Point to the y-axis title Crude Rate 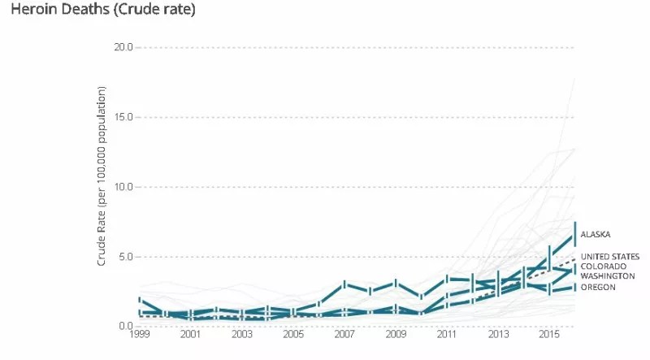(102, 186)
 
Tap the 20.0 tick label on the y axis (124, 47)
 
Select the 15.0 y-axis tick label (124, 117)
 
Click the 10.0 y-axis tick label (124, 187)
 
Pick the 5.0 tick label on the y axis (127, 257)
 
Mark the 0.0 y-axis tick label (127, 327)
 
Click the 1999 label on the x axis (140, 335)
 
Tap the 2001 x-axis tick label (191, 335)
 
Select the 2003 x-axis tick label (242, 335)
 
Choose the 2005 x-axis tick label (293, 335)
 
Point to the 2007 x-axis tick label (344, 335)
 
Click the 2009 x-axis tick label (396, 335)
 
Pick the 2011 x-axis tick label (447, 335)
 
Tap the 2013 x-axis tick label (498, 335)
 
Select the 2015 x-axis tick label (549, 335)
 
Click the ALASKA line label (596, 235)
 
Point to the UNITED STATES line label (610, 257)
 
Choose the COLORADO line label (603, 267)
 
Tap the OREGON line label (598, 287)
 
